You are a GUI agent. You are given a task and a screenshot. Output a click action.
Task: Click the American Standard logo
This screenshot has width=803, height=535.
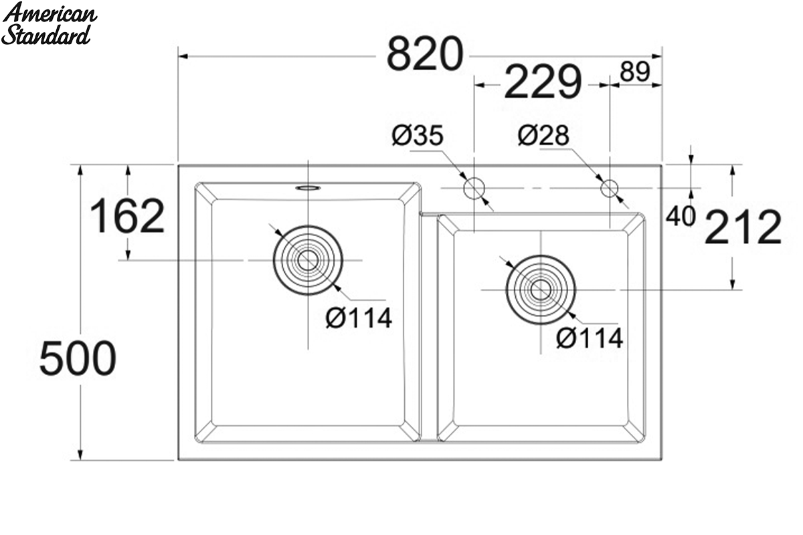[x=49, y=23]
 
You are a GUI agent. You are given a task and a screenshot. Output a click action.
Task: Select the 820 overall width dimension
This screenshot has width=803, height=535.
[x=425, y=54]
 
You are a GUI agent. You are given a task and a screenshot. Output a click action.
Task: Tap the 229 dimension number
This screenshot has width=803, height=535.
[x=543, y=82]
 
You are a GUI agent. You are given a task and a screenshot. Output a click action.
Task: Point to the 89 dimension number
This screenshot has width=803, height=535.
[x=635, y=72]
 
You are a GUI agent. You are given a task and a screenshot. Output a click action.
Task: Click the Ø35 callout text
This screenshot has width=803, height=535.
[x=418, y=136]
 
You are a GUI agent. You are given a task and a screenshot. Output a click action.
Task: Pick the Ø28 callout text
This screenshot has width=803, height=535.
[x=543, y=136]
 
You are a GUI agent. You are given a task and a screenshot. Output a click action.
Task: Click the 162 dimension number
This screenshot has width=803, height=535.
[x=127, y=216]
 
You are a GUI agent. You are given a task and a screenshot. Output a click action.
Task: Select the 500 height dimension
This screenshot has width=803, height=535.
[x=78, y=358]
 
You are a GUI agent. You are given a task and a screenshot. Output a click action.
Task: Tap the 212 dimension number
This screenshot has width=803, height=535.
[x=743, y=227]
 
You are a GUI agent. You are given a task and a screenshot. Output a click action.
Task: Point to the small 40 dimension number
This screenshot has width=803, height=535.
[x=681, y=217]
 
